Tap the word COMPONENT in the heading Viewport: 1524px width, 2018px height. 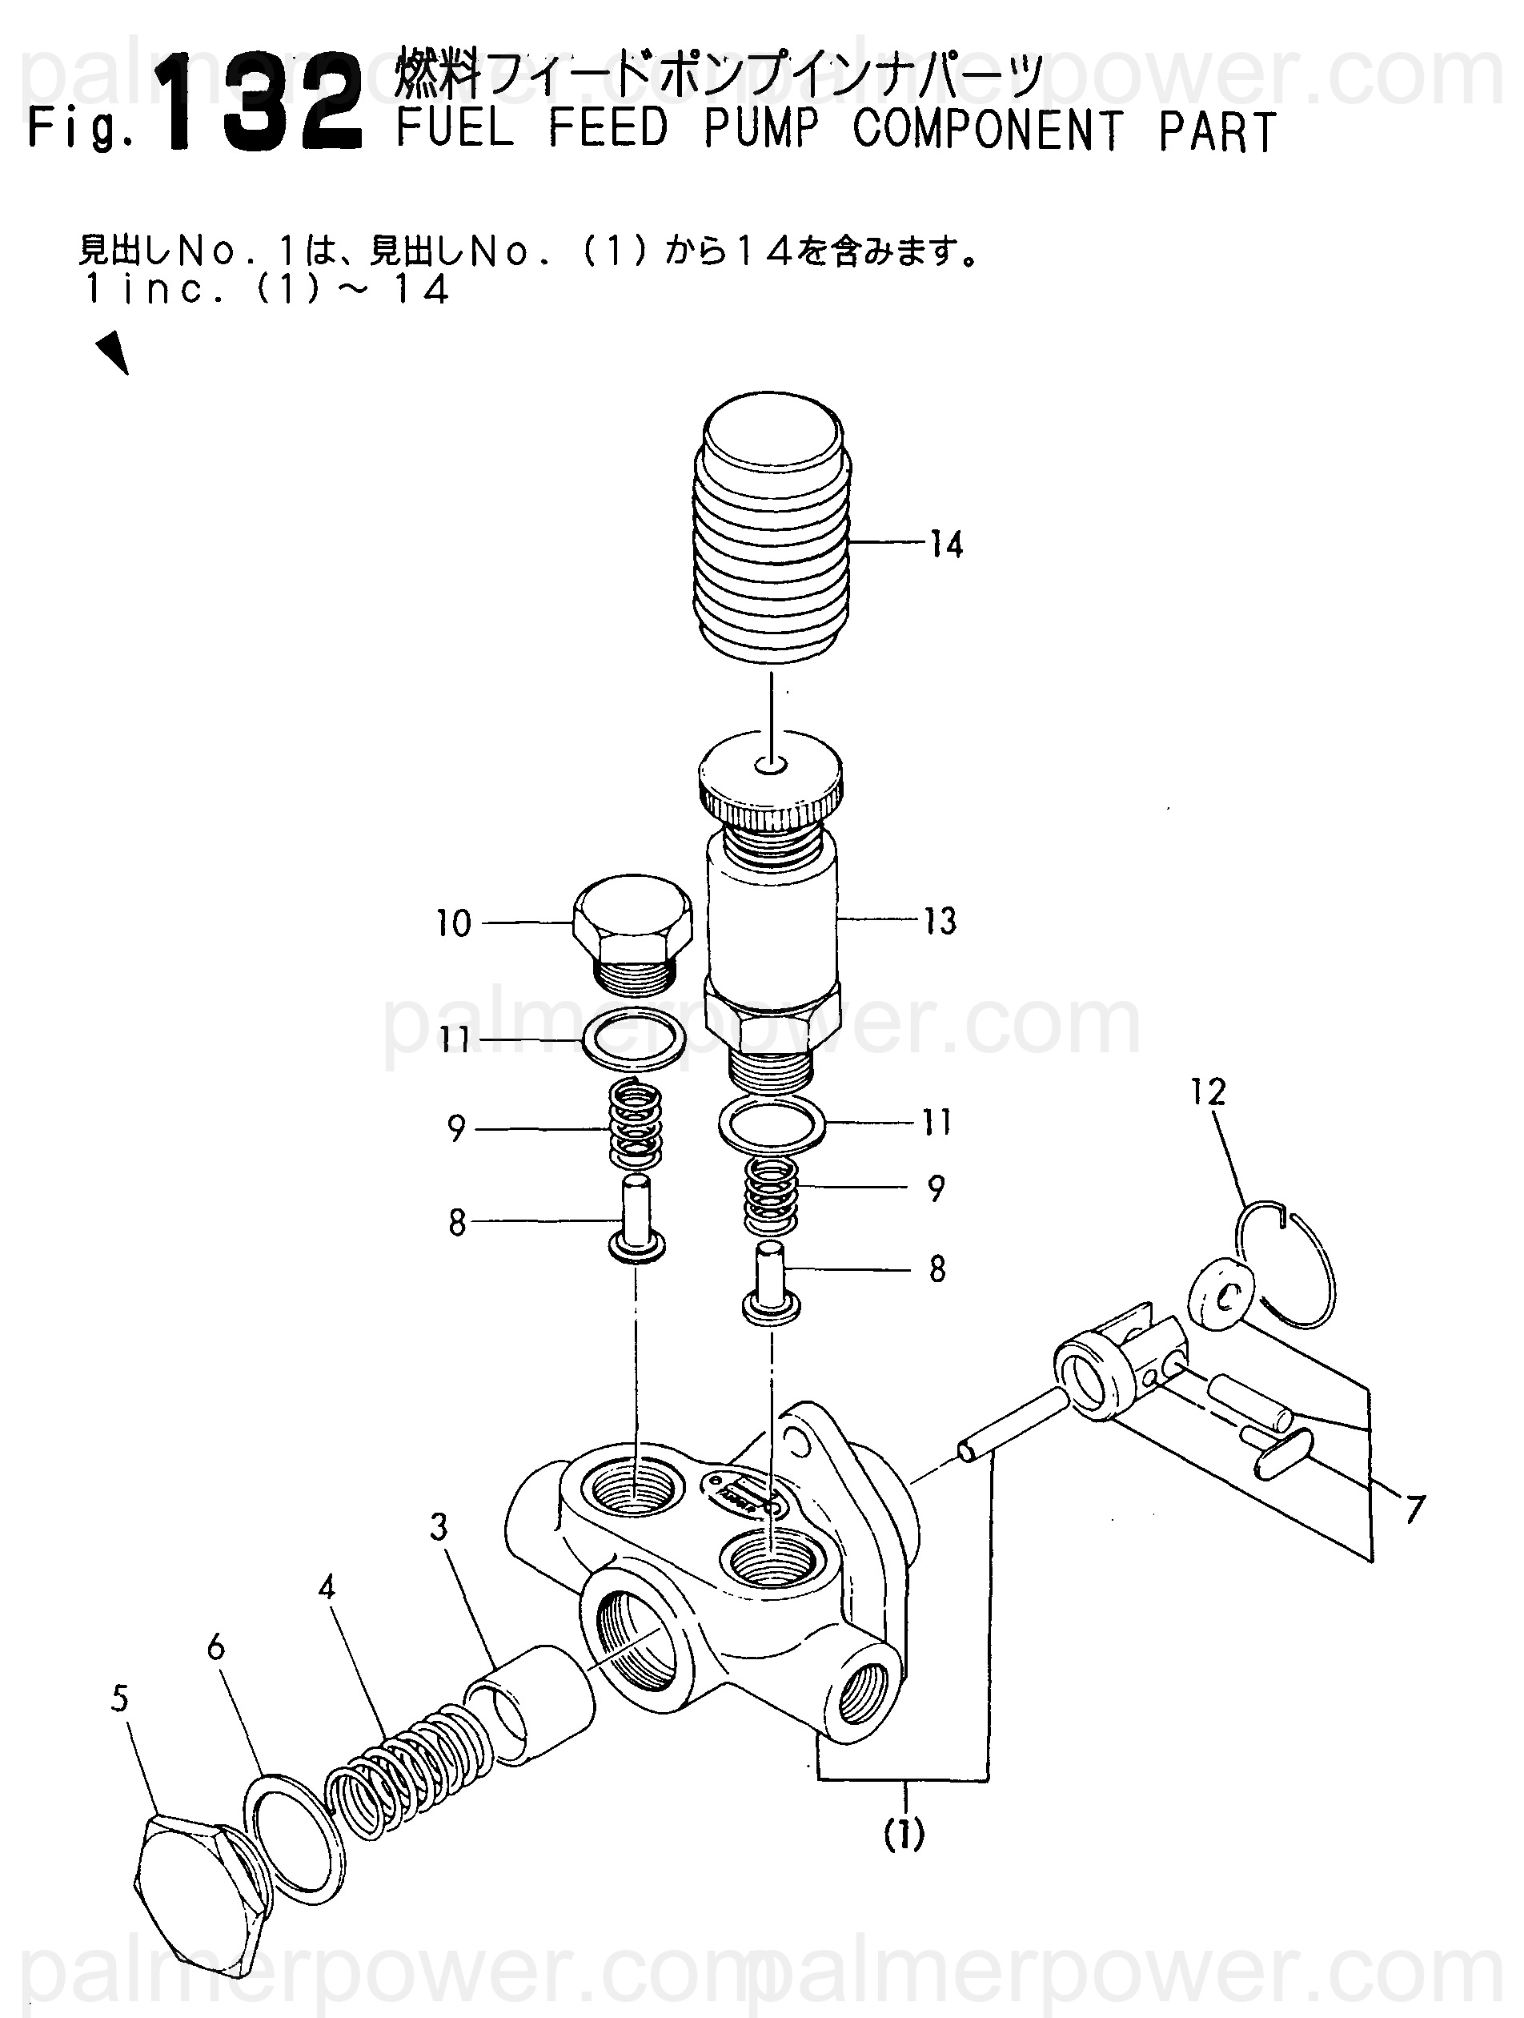pos(987,130)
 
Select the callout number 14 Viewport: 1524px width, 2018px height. pos(947,545)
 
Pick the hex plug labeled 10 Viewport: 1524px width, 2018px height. pos(633,935)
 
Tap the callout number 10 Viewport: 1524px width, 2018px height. pos(453,923)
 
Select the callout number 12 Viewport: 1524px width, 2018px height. pos(1209,1092)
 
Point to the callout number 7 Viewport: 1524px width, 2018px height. pos(1414,1509)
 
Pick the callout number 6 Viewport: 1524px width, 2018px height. pos(216,1647)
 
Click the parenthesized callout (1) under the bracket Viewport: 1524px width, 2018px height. pos(904,1833)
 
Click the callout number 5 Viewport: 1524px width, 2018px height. pos(120,1698)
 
